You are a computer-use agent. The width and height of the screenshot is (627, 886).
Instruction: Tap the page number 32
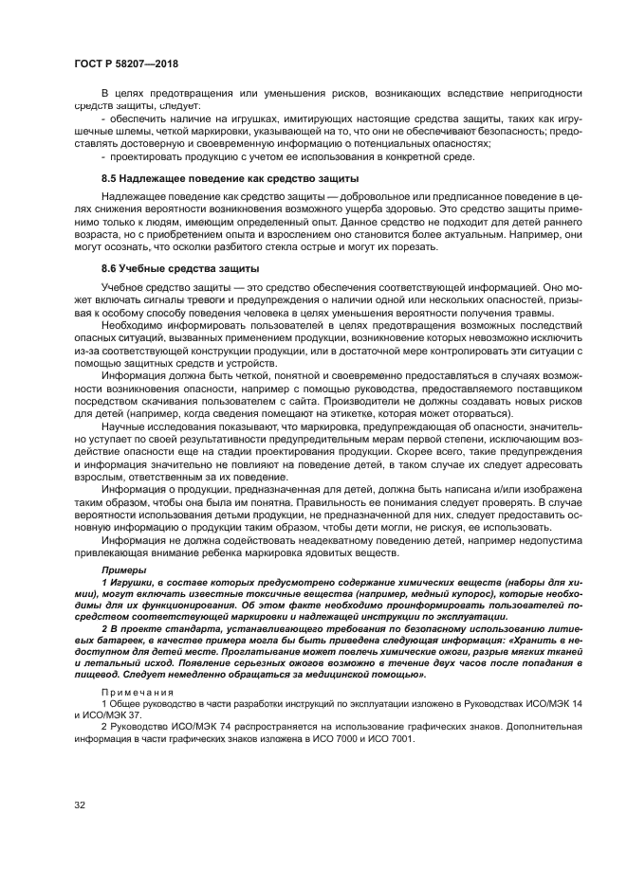pyautogui.click(x=80, y=805)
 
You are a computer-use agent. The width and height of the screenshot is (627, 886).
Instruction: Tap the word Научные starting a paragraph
pyautogui.click(x=127, y=427)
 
